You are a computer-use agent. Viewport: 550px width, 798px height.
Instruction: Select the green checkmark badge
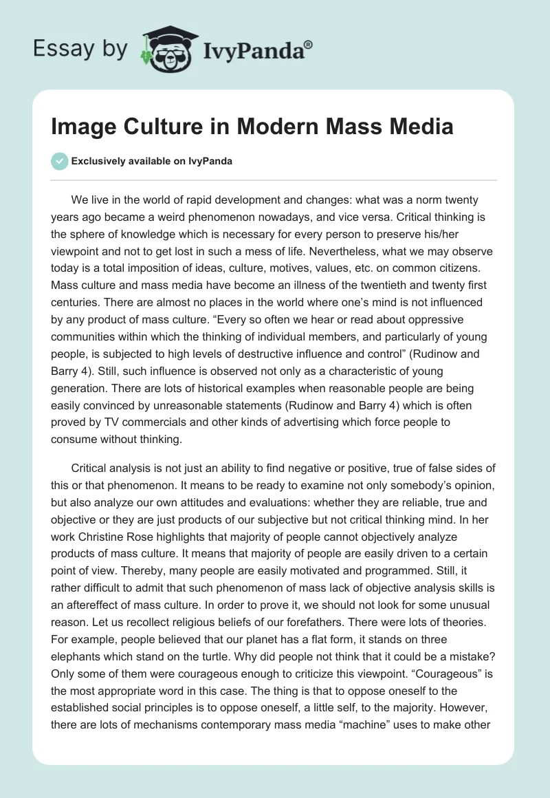[59, 161]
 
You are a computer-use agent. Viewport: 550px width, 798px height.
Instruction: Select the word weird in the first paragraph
[206, 217]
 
